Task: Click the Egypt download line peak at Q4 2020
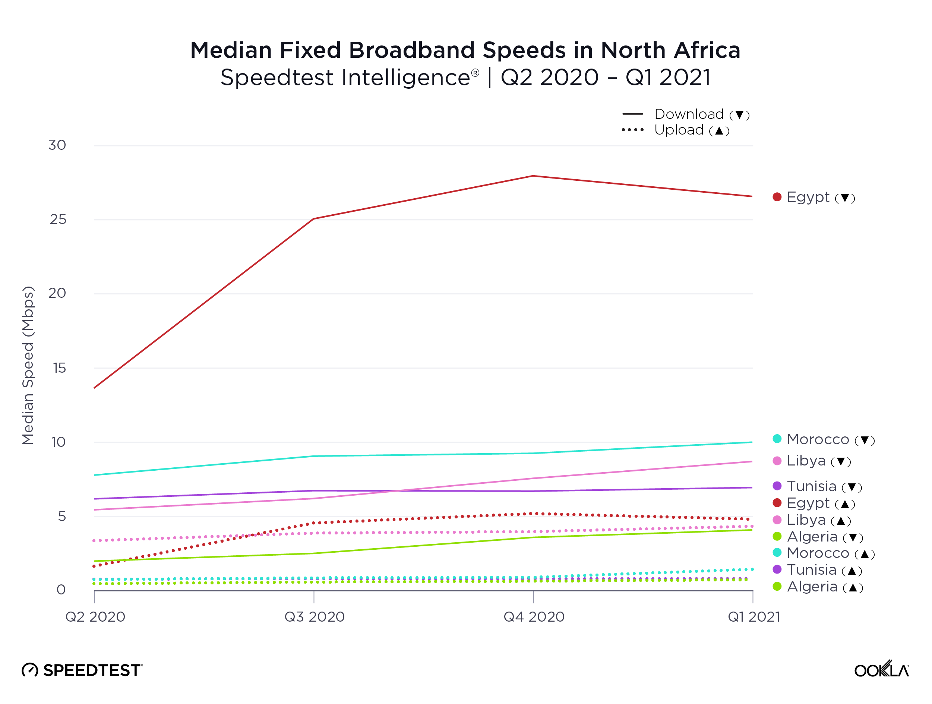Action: click(x=533, y=176)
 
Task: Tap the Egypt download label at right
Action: click(x=820, y=197)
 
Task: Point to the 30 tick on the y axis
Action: click(x=57, y=145)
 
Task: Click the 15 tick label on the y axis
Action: click(x=59, y=368)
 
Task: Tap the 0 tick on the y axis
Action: click(x=61, y=590)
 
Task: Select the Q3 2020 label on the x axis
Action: click(x=314, y=617)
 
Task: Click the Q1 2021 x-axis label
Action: click(x=754, y=617)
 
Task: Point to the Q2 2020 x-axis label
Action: click(x=95, y=617)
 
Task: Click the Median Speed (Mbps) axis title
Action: click(x=28, y=365)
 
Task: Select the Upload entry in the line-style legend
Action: click(x=678, y=130)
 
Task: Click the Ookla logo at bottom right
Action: click(x=881, y=669)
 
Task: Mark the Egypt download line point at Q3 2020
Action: click(x=313, y=219)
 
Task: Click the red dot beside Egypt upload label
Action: click(x=777, y=503)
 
